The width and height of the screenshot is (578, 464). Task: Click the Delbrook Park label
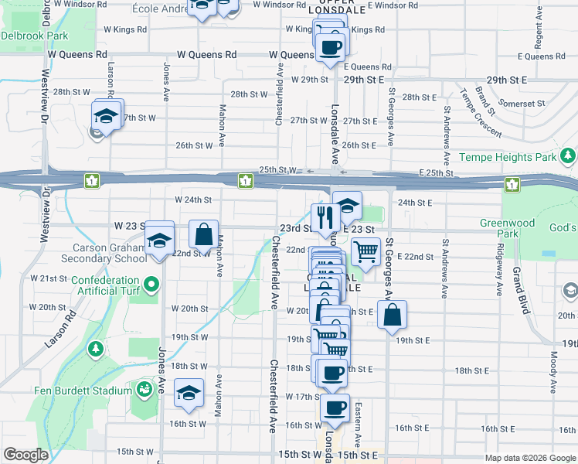click(x=34, y=36)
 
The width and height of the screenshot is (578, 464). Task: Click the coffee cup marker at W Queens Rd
click(x=330, y=47)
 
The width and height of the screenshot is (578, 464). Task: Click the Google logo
click(x=25, y=455)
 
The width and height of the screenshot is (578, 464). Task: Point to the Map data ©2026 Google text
click(x=530, y=458)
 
